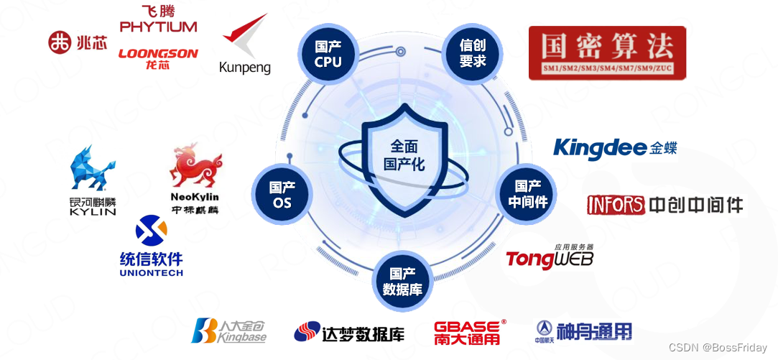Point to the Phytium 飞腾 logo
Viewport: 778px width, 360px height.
pyautogui.click(x=158, y=19)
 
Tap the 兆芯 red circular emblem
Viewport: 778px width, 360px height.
pyautogui.click(x=60, y=42)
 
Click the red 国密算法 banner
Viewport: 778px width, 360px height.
pyautogui.click(x=607, y=52)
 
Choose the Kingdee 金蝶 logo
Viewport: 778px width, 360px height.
pyautogui.click(x=615, y=147)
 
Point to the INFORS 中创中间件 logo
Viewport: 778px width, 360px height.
pyautogui.click(x=664, y=205)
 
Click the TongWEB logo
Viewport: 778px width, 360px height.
pyautogui.click(x=550, y=257)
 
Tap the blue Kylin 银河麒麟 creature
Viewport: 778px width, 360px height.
pyautogui.click(x=92, y=172)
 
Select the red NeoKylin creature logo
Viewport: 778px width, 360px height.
pyautogui.click(x=195, y=165)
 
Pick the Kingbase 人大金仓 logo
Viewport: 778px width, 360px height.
pyautogui.click(x=228, y=331)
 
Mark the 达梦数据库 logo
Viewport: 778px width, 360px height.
pyautogui.click(x=349, y=333)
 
